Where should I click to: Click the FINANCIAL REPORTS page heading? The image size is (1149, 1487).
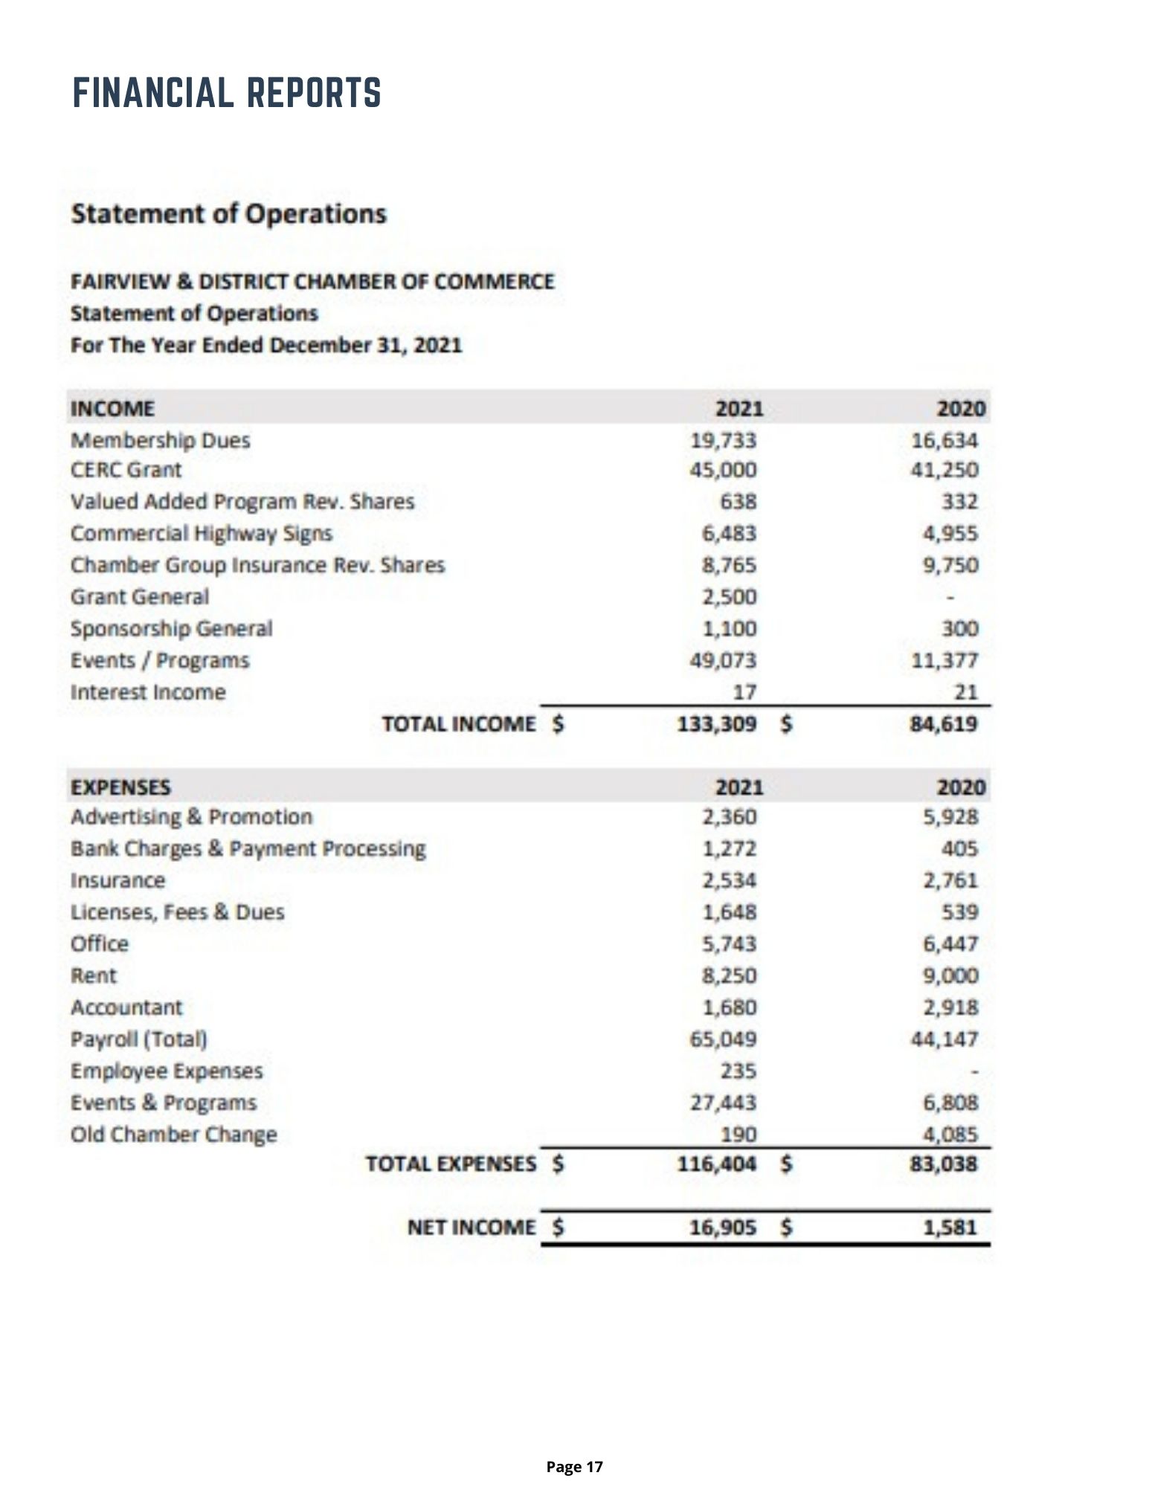(x=227, y=93)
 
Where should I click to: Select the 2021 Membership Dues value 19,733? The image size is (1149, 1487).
(x=723, y=440)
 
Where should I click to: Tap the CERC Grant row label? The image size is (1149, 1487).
(x=126, y=470)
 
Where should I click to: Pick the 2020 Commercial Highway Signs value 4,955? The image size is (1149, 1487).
(x=950, y=533)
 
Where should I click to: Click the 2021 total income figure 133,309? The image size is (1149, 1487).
(x=716, y=723)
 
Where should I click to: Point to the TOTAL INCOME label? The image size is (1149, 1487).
(x=459, y=723)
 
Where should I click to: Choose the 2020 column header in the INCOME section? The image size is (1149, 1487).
(x=961, y=408)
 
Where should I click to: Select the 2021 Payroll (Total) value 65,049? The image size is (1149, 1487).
(x=723, y=1038)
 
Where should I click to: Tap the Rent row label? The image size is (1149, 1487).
(x=94, y=975)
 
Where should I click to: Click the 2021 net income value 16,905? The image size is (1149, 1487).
(x=723, y=1227)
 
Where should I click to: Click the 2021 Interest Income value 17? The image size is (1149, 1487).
(x=744, y=692)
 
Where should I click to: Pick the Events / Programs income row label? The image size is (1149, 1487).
(x=160, y=660)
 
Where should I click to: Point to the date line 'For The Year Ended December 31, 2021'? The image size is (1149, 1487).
(x=266, y=346)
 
